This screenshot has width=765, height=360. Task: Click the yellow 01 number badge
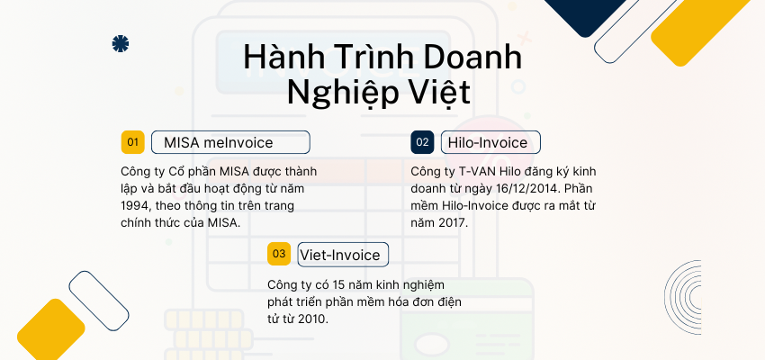pyautogui.click(x=133, y=142)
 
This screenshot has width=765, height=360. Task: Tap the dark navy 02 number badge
pyautogui.click(x=422, y=142)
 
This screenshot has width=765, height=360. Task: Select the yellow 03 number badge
pyautogui.click(x=279, y=254)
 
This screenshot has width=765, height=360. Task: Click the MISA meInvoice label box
pyautogui.click(x=230, y=142)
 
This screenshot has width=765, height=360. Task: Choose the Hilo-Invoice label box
pyautogui.click(x=490, y=142)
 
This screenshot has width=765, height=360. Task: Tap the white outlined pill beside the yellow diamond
pyautogui.click(x=100, y=300)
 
